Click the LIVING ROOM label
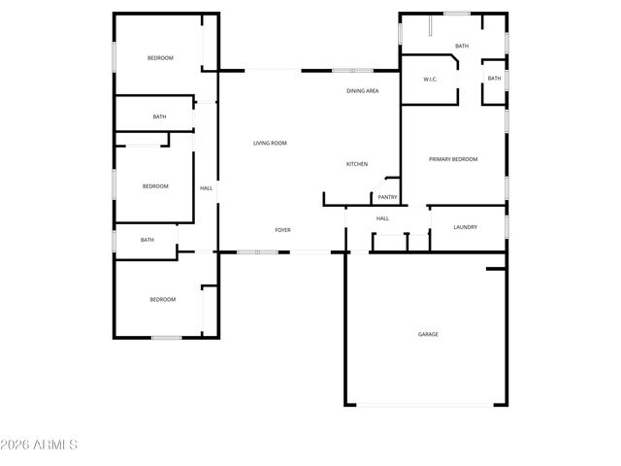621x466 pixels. [270, 144]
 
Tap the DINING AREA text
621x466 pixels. [362, 91]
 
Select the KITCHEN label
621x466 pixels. [357, 164]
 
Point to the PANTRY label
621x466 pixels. [387, 196]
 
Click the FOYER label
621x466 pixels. [282, 230]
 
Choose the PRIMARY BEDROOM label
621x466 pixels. [453, 159]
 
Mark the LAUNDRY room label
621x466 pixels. [465, 227]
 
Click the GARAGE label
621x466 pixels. [428, 334]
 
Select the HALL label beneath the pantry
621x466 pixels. [382, 218]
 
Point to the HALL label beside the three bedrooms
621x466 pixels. [206, 187]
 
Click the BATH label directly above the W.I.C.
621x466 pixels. [462, 46]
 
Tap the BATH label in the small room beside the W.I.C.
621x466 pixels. [494, 79]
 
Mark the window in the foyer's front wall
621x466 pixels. [258, 252]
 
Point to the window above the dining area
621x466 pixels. [351, 70]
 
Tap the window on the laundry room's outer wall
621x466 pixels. [507, 226]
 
